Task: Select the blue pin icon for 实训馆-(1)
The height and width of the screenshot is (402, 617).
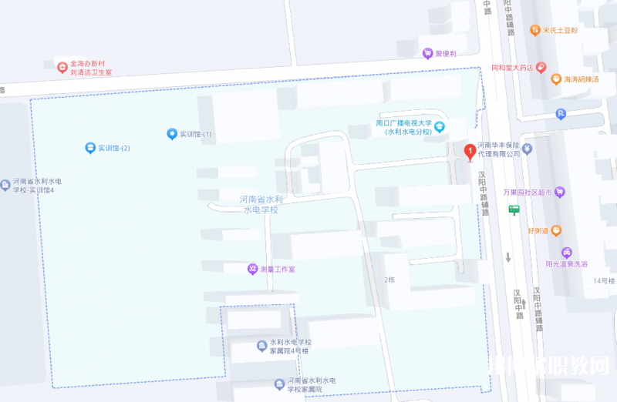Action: pos(172,134)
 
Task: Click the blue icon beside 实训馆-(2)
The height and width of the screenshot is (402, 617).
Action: pos(90,147)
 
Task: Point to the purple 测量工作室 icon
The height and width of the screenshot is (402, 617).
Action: pos(251,269)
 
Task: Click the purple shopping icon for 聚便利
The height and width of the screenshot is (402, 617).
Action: pos(427,53)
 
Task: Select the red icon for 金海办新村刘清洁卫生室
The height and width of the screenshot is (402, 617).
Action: pos(62,66)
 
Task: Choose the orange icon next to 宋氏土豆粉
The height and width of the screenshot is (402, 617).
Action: pos(535,30)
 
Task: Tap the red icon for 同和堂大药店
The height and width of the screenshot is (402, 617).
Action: pos(541,68)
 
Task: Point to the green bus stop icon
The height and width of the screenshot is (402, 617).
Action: pos(514,209)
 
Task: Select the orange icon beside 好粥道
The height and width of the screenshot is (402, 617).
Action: pos(556,229)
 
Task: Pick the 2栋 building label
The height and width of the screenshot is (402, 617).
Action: pos(389,280)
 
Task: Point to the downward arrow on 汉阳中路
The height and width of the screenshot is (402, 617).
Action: pos(508,258)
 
